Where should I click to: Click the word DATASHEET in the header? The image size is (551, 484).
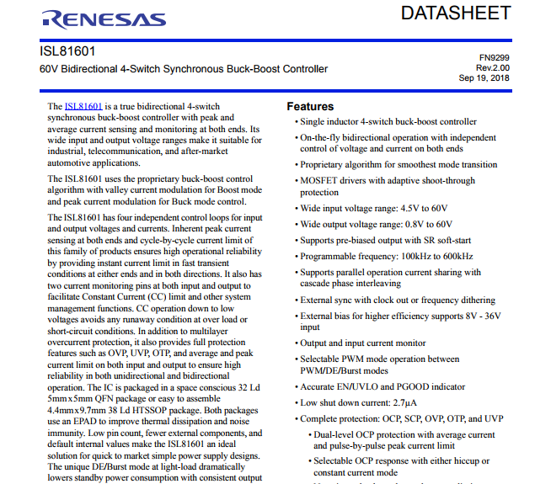456,13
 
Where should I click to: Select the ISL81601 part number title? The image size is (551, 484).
67,52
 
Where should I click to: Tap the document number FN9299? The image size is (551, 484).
495,57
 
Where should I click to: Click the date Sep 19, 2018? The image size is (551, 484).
484,77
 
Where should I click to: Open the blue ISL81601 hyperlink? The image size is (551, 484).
83,107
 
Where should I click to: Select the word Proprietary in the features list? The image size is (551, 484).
325,165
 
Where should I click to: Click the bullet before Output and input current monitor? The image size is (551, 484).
296,343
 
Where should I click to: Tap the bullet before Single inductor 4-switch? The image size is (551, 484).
296,122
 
